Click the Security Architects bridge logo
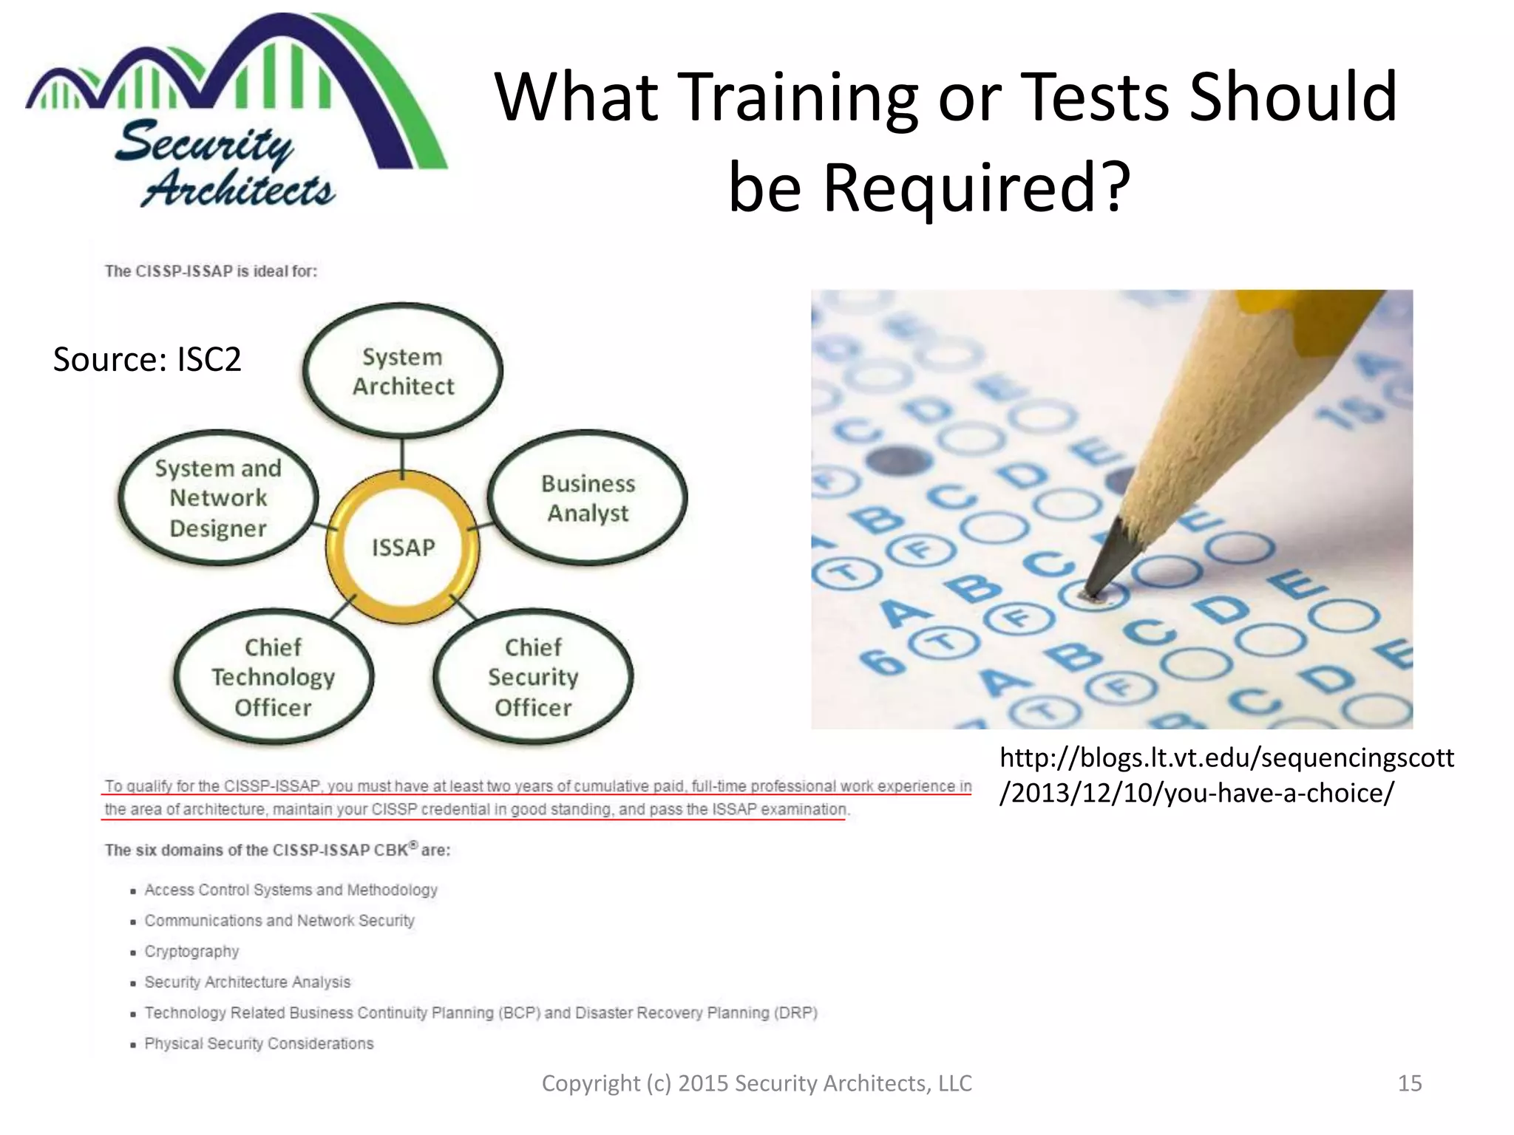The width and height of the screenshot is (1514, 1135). (237, 111)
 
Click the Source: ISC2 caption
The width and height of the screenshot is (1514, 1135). (147, 360)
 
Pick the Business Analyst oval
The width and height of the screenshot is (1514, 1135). (588, 498)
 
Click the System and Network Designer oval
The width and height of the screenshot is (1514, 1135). (218, 498)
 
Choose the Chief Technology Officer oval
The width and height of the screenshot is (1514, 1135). (274, 677)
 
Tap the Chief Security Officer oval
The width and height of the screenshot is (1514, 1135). (533, 677)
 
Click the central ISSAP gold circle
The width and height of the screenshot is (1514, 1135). (403, 547)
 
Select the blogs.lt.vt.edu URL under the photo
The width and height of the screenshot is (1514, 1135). (1226, 775)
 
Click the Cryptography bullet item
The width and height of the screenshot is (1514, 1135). (191, 952)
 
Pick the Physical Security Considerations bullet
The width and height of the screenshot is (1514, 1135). (259, 1043)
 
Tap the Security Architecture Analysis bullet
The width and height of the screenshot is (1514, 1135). (247, 982)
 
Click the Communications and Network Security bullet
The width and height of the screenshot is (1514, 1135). (279, 921)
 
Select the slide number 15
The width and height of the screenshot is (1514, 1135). (1409, 1083)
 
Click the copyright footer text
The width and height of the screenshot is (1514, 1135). (756, 1083)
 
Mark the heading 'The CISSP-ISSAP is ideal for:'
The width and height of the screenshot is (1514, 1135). (211, 271)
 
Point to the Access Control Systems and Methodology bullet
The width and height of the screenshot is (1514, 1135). (291, 890)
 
